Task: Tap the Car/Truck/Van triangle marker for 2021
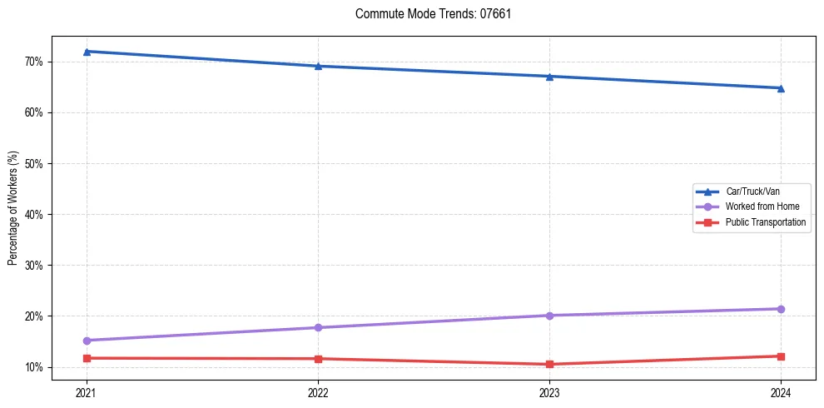87,52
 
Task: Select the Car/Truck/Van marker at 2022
318,66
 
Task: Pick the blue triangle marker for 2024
781,87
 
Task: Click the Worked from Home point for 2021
87,341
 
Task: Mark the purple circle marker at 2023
549,316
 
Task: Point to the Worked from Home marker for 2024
781,309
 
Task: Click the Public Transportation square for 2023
549,364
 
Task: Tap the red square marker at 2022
318,359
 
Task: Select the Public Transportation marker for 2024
781,356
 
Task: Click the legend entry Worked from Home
762,206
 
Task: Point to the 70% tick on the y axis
37,62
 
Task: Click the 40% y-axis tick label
37,215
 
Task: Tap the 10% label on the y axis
37,367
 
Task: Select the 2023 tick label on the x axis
549,391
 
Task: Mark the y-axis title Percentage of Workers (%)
12,209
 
